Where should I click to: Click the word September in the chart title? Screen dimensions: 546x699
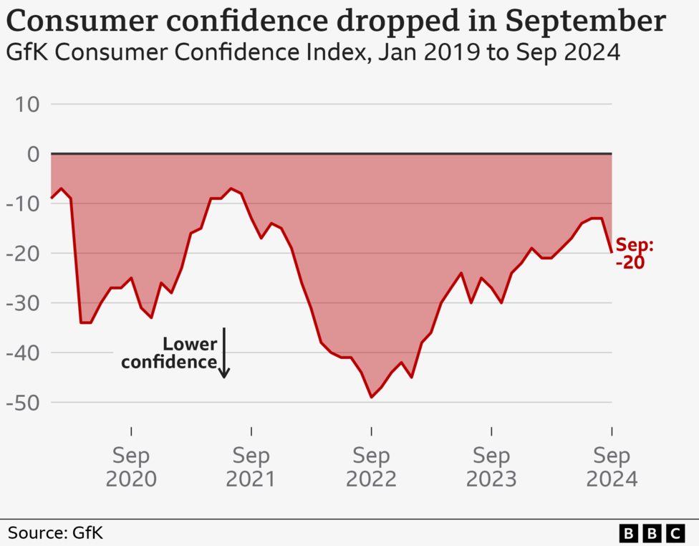tap(585, 21)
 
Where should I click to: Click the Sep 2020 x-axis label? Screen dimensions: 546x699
tap(131, 466)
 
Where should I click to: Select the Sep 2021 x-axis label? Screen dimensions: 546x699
tap(251, 466)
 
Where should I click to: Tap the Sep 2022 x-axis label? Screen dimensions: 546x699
tap(371, 466)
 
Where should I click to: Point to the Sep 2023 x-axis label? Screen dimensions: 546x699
tap(491, 466)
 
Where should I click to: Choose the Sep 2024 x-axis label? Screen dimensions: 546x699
tap(611, 466)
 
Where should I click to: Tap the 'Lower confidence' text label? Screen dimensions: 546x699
tap(170, 353)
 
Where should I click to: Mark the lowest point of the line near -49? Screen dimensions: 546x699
tap(371, 397)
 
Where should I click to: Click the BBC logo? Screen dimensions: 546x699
tap(652, 533)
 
